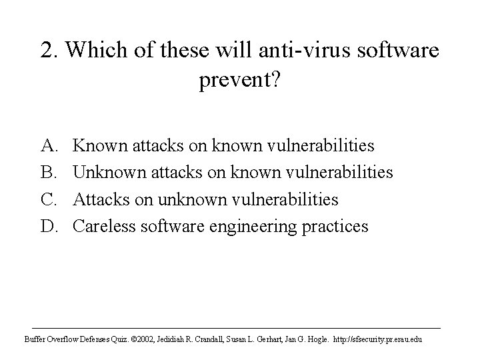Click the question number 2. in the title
tap(48, 51)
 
